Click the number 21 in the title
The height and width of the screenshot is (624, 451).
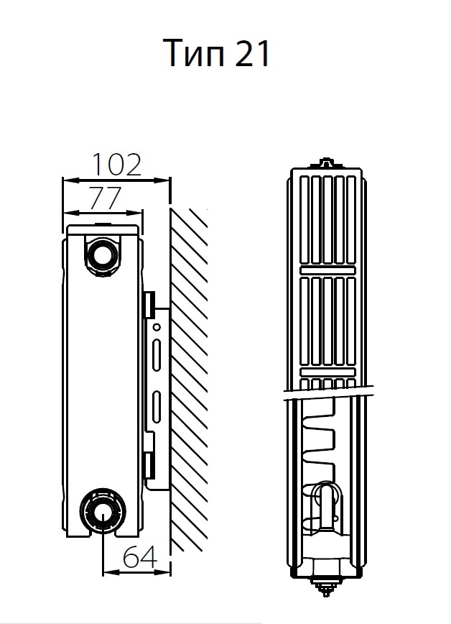(252, 54)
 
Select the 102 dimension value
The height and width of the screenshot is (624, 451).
(116, 165)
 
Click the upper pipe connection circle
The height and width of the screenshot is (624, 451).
(102, 254)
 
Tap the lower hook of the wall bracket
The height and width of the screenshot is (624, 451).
(149, 465)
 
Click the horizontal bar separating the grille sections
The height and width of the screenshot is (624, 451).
(327, 270)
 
